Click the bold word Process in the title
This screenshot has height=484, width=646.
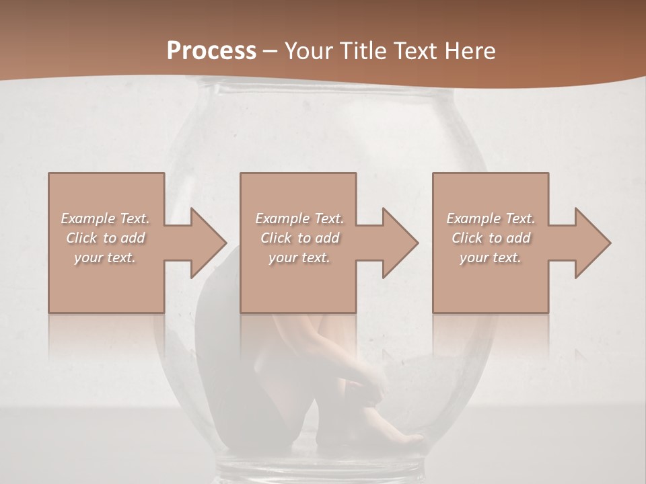pos(211,51)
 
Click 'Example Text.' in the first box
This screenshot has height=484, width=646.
pos(105,218)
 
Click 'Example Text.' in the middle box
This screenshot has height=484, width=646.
pos(299,218)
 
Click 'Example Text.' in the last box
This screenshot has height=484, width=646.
pos(491,218)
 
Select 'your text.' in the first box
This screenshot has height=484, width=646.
pos(105,257)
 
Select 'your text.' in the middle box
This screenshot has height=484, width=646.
pos(299,257)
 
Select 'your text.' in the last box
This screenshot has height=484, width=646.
pos(491,257)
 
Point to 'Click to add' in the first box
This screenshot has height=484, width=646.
pos(105,238)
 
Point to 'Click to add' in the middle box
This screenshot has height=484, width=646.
pos(299,238)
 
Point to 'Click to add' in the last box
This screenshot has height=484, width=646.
pos(491,238)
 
